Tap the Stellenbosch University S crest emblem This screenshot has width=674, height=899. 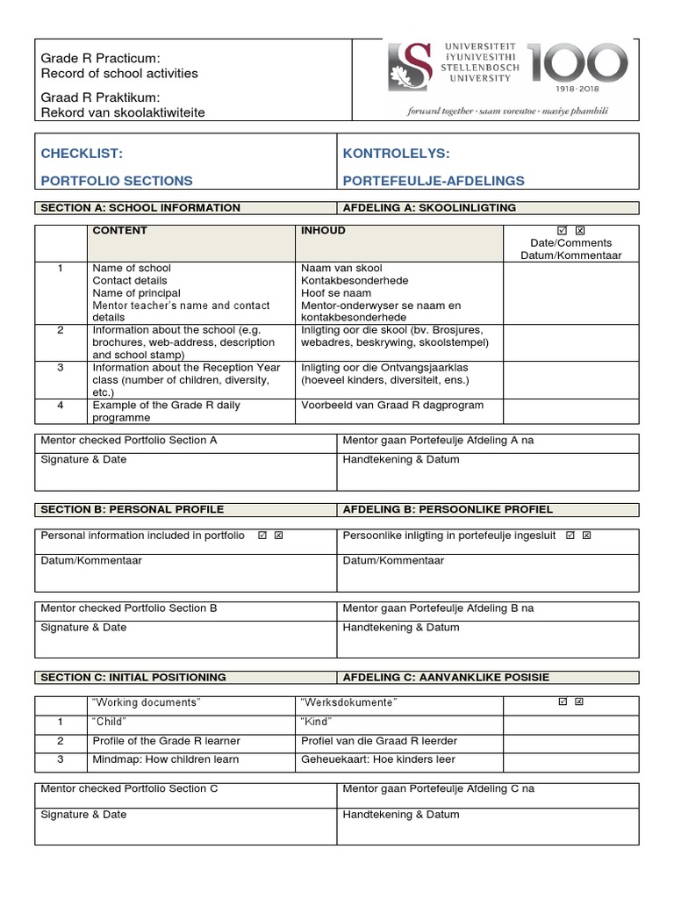(x=411, y=70)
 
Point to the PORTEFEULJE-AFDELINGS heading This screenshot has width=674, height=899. (x=434, y=181)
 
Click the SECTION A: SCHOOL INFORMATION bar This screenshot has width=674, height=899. (x=140, y=208)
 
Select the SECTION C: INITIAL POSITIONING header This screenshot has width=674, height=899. (x=133, y=677)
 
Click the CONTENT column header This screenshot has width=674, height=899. (x=119, y=231)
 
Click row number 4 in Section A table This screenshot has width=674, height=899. (x=61, y=406)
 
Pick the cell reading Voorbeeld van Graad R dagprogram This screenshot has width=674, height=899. (x=391, y=406)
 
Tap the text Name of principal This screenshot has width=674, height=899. (x=136, y=292)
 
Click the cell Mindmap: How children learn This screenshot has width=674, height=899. (x=165, y=759)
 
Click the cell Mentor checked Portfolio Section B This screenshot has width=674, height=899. (x=129, y=608)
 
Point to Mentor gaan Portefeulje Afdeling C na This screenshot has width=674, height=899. (x=439, y=788)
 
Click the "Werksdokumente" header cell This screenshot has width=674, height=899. (x=348, y=703)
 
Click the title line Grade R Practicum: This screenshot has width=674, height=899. (x=100, y=58)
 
